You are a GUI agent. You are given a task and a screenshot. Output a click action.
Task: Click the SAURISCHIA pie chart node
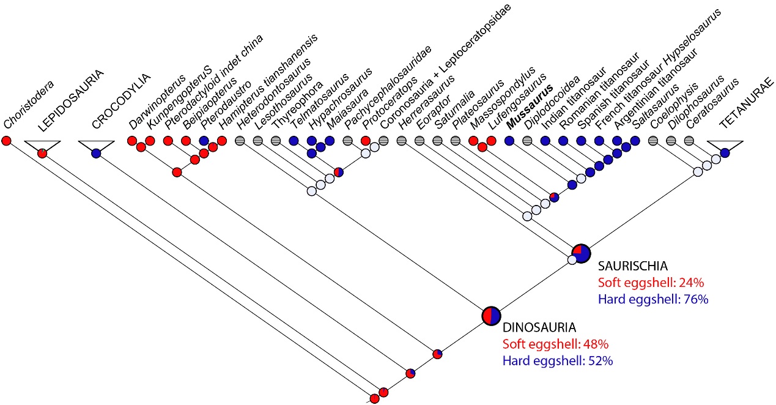pyautogui.click(x=581, y=252)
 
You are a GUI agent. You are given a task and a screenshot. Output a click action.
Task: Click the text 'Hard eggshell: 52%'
pyautogui.click(x=557, y=361)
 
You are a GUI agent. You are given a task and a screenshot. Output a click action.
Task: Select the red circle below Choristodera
pyautogui.click(x=7, y=141)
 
